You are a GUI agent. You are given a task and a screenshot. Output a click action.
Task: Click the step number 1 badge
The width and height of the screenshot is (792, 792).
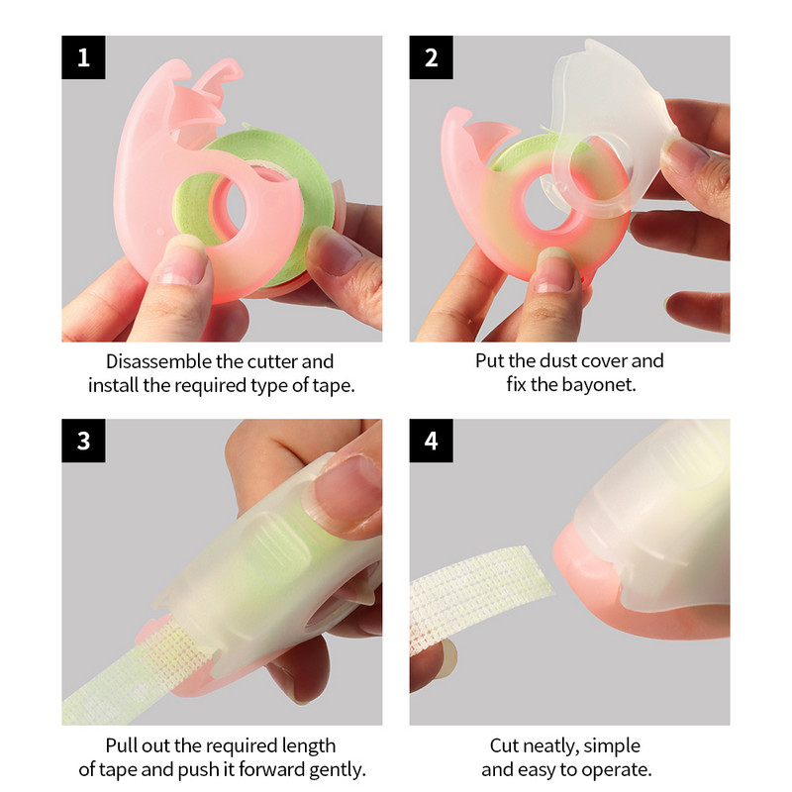pos(83,57)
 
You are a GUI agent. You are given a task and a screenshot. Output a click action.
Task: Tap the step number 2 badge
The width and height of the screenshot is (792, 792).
pos(431,57)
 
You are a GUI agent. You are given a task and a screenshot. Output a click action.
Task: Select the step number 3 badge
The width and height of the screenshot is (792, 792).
pos(83,440)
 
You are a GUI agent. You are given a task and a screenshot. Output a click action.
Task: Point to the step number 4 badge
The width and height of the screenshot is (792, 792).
pos(431,440)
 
